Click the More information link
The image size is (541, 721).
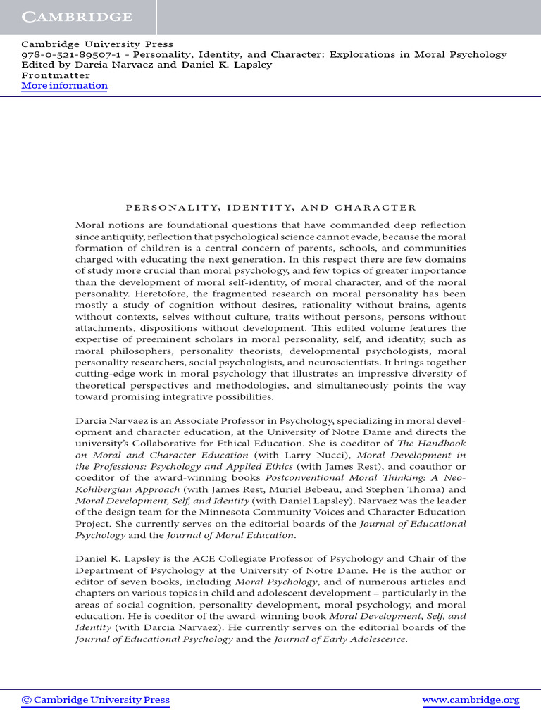(x=64, y=86)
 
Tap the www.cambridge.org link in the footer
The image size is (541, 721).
(x=471, y=700)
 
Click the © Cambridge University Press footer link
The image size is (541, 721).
(x=96, y=700)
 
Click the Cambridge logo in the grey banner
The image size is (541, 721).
(x=77, y=16)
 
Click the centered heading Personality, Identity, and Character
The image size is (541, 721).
(x=270, y=208)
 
